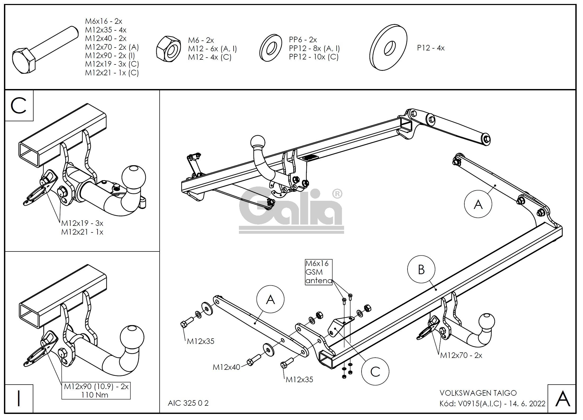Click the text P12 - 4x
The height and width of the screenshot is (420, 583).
pyautogui.click(x=431, y=48)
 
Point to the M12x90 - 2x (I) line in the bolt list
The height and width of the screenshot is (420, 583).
pyautogui.click(x=110, y=55)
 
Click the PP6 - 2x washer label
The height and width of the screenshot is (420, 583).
pyautogui.click(x=303, y=40)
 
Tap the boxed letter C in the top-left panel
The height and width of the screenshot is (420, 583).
pyautogui.click(x=19, y=106)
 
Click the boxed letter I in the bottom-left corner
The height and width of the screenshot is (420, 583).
pyautogui.click(x=19, y=399)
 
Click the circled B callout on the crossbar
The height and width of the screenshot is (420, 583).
pyautogui.click(x=421, y=269)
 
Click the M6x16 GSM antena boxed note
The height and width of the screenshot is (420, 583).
pyautogui.click(x=318, y=272)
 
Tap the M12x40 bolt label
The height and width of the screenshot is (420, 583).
pyautogui.click(x=226, y=367)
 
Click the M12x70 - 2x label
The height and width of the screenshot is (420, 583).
pyautogui.click(x=461, y=356)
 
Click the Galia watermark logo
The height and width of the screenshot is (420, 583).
pyautogui.click(x=291, y=211)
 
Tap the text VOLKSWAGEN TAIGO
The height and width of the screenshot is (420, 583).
pyautogui.click(x=478, y=393)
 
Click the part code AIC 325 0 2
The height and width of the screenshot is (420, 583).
pyautogui.click(x=188, y=403)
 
